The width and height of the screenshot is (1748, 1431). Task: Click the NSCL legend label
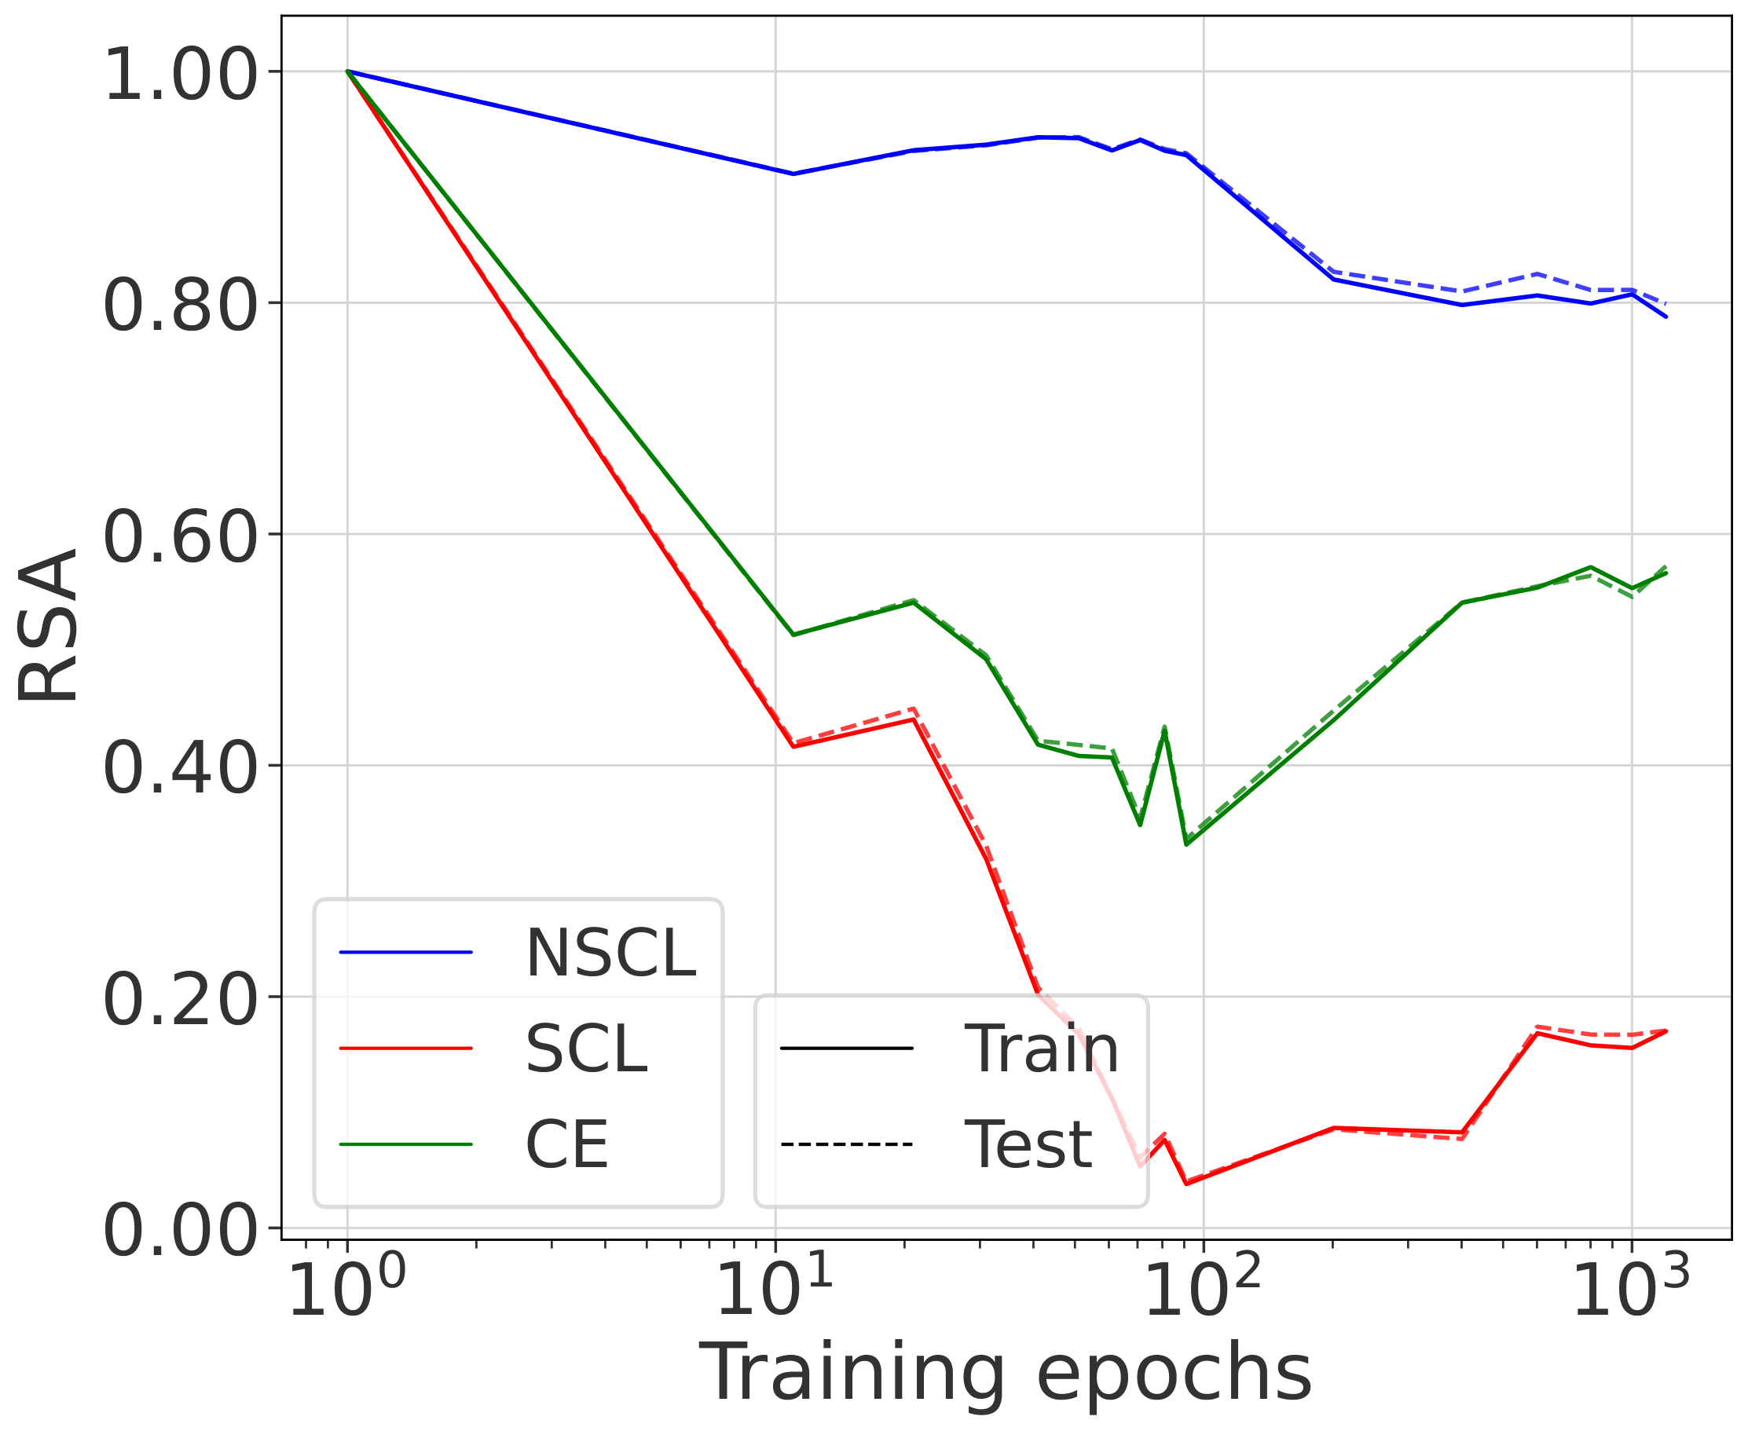610,953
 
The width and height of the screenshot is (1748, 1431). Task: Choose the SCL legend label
586,1049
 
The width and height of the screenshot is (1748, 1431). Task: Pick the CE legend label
567,1145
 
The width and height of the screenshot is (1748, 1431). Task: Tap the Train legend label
1042,1049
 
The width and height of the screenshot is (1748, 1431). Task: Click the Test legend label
1028,1145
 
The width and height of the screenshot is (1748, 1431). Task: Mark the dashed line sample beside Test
847,1145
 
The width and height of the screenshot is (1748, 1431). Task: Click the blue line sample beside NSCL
406,953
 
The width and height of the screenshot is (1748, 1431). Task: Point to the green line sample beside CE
406,1145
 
